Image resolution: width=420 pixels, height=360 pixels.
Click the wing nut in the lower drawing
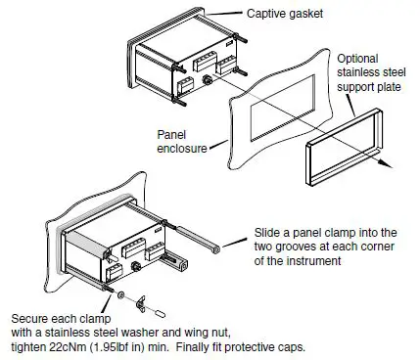tap(138, 298)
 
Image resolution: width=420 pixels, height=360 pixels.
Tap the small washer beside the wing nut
tap(119, 293)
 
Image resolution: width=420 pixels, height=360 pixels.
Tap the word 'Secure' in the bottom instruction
tap(32, 319)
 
